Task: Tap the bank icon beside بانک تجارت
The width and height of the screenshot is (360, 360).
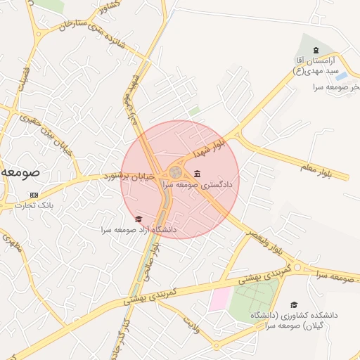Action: click(34, 195)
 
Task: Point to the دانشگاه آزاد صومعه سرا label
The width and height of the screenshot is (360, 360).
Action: click(139, 229)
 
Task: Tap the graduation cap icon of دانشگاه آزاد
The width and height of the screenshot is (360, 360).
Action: click(138, 219)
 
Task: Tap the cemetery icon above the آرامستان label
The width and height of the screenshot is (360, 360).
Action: click(316, 49)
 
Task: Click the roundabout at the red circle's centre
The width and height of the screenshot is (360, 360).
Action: click(175, 173)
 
